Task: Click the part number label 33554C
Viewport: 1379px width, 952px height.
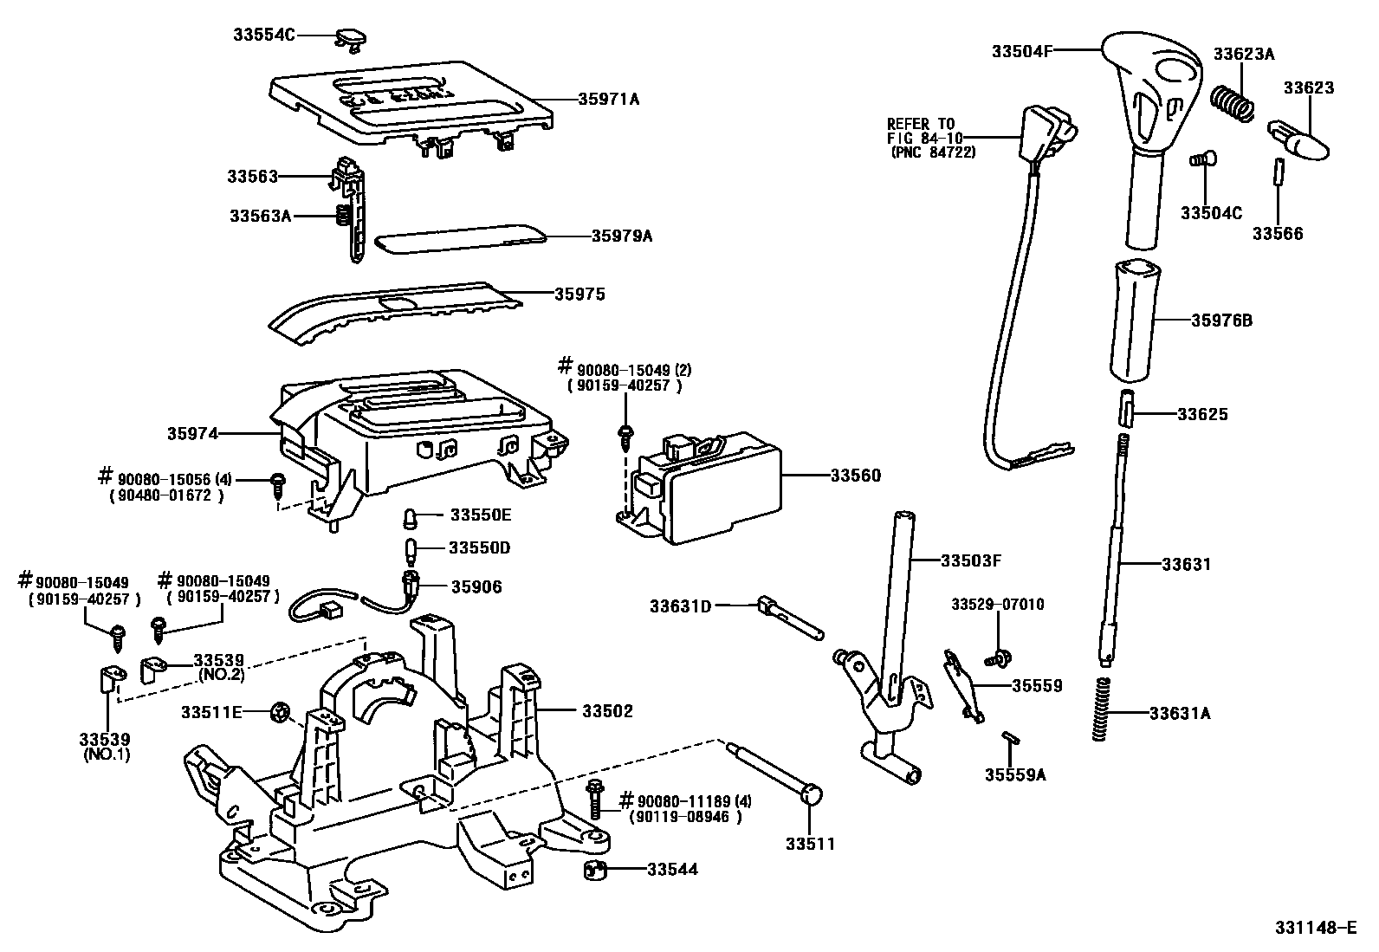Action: click(x=264, y=35)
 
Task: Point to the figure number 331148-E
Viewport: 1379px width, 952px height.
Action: click(x=1314, y=927)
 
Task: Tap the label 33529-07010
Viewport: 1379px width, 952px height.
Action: click(x=997, y=604)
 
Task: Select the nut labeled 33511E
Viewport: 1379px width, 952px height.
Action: click(x=281, y=713)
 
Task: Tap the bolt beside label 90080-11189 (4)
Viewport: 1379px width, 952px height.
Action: click(x=595, y=799)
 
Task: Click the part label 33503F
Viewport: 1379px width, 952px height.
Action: click(x=971, y=560)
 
